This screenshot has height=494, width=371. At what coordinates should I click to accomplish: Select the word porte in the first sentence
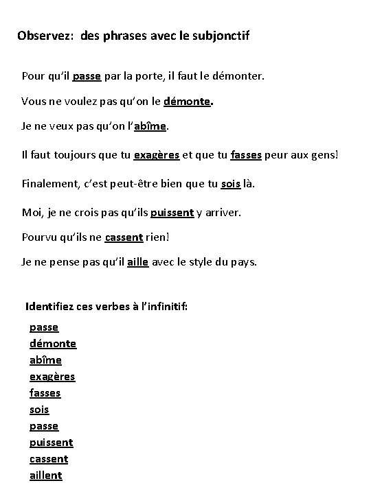[x=167, y=75]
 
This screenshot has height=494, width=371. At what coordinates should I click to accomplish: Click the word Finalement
[x=50, y=184]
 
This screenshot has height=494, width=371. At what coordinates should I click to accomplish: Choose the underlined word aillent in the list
[x=45, y=475]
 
